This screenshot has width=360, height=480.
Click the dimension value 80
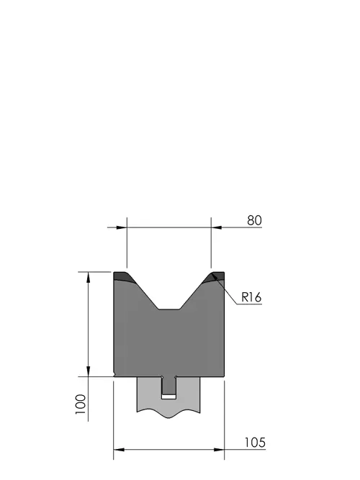[254, 220]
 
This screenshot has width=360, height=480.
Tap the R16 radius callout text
[251, 297]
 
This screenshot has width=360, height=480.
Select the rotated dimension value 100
[81, 404]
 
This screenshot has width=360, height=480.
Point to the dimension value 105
[255, 443]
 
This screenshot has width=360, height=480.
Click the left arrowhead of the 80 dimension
[122, 227]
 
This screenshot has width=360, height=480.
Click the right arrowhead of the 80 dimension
[216, 227]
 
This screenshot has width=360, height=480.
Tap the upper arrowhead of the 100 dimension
[89, 277]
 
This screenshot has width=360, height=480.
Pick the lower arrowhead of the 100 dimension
[89, 371]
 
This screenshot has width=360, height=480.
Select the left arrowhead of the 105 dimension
[119, 450]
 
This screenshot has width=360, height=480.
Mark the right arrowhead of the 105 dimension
[219, 450]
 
